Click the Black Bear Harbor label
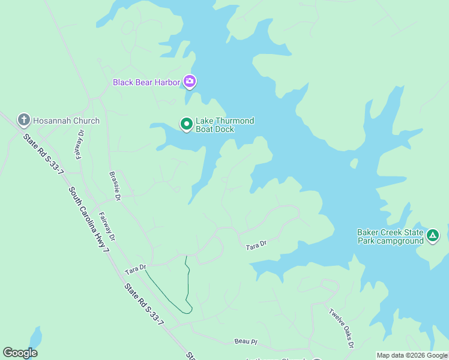click(x=146, y=82)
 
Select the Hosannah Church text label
click(x=66, y=121)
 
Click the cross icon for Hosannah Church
click(x=24, y=121)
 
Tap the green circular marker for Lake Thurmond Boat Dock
click(x=187, y=124)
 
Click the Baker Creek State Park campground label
click(x=390, y=236)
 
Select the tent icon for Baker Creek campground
click(x=433, y=236)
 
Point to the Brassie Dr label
click(x=115, y=187)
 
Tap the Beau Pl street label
click(x=246, y=341)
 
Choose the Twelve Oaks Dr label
click(x=341, y=328)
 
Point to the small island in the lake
click(x=354, y=163)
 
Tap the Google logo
click(x=20, y=353)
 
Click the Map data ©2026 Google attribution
click(x=412, y=355)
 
